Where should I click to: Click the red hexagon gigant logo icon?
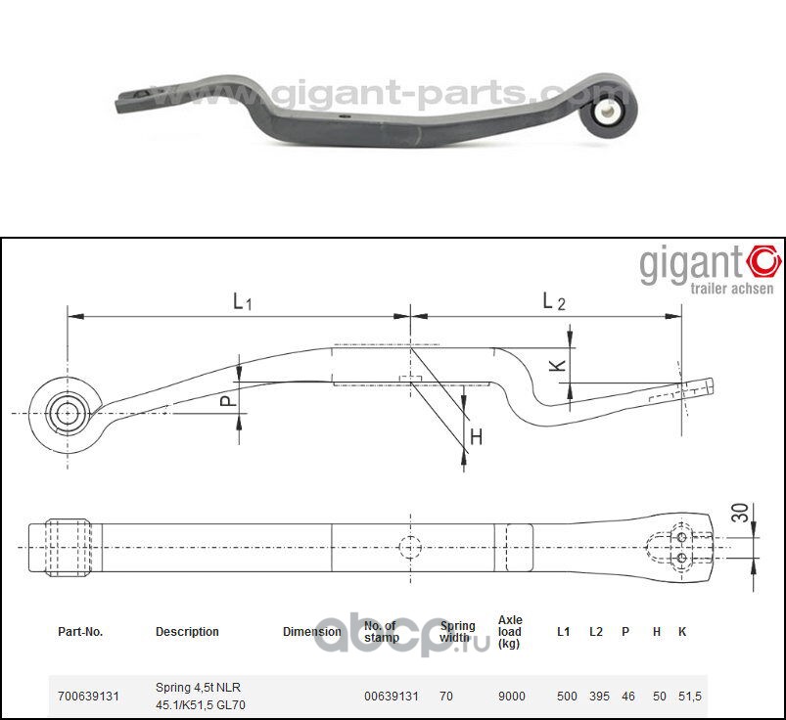(763, 261)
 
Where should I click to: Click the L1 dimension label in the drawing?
(243, 302)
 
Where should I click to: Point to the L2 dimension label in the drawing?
(554, 302)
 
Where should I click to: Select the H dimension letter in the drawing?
(476, 437)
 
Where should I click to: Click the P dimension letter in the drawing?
(224, 401)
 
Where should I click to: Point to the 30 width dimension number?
(740, 512)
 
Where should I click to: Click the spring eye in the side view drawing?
(67, 413)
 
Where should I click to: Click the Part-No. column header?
(80, 632)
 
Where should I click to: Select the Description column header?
(187, 632)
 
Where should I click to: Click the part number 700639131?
(88, 697)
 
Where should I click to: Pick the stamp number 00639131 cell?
(392, 697)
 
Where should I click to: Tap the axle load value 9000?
(511, 697)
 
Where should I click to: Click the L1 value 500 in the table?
(566, 697)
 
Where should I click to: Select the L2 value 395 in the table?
(599, 697)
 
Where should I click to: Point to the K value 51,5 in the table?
(690, 697)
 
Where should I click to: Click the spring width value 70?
(446, 697)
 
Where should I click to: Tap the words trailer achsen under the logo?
(732, 289)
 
